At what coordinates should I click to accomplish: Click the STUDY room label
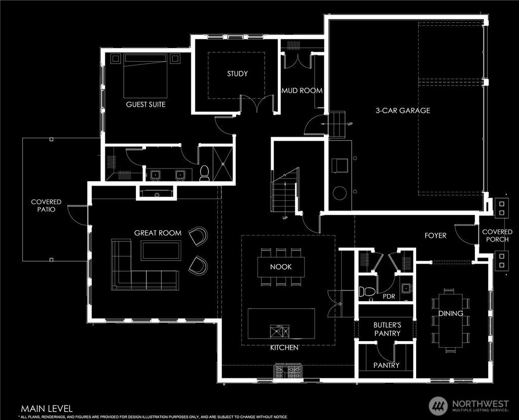coord(237,74)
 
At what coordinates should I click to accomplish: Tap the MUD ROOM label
coord(302,91)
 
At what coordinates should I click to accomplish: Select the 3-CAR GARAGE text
coord(402,110)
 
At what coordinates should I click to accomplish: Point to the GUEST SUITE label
coord(146,105)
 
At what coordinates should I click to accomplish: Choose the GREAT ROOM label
coord(158,233)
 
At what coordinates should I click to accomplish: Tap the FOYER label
coord(435,235)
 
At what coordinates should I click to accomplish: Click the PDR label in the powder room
coord(389,296)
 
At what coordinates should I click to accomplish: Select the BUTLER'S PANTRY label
coord(387,329)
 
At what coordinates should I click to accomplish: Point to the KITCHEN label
coord(284,348)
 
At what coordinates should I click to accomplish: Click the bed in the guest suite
coord(145,76)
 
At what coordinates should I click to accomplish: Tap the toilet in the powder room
coord(366,291)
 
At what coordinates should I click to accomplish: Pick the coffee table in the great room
coord(161,250)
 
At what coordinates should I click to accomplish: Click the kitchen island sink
coord(280,331)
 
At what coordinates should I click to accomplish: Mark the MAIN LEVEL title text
coord(47,408)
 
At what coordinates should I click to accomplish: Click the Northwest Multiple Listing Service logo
coord(469,405)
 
